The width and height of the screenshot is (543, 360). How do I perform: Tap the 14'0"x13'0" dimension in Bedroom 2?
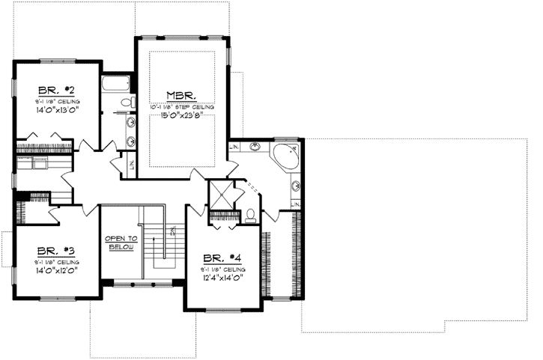tap(57, 109)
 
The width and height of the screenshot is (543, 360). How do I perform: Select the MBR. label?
tap(181, 96)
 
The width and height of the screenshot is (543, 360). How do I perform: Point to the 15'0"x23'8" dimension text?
tap(181, 116)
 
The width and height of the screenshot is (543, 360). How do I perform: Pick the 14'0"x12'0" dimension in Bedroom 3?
tap(57, 270)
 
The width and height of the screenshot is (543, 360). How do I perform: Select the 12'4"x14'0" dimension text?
tap(223, 276)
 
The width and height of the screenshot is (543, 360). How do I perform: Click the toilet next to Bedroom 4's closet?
tap(251, 216)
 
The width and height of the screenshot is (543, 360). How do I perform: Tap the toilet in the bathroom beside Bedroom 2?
tap(127, 101)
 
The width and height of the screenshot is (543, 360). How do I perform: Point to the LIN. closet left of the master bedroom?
tap(132, 165)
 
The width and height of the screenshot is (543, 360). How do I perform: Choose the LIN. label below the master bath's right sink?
tap(297, 204)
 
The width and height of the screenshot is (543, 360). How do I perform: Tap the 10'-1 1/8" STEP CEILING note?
tap(181, 107)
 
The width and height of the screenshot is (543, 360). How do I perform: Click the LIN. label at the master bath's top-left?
tap(235, 147)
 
